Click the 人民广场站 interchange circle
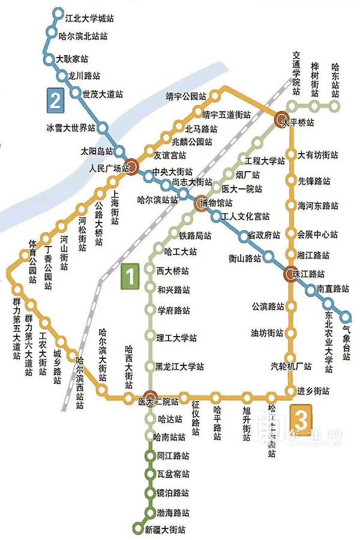pos(133,167)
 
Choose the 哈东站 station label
pos(335,80)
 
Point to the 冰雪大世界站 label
pos(70,128)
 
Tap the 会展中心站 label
pos(318,233)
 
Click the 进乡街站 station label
pos(313,391)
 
